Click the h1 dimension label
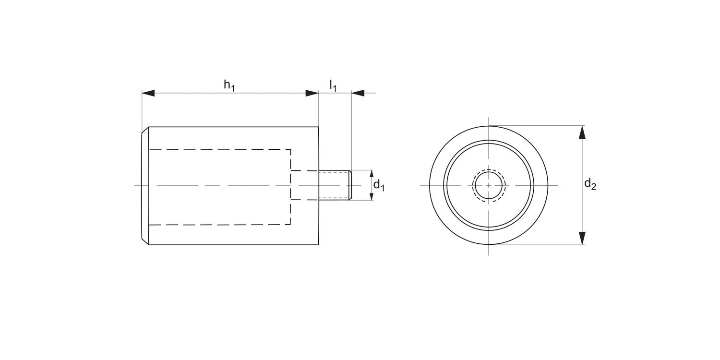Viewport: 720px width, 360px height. [x=229, y=85]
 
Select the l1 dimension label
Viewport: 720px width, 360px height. [x=333, y=85]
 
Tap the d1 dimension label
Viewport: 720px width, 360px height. [x=379, y=185]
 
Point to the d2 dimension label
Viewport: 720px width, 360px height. [x=590, y=184]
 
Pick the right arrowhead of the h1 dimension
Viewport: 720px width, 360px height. [x=312, y=93]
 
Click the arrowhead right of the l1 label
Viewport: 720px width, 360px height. [x=358, y=93]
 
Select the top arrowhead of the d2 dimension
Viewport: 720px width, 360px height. [x=582, y=132]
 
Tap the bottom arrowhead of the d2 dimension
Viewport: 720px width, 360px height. [x=582, y=238]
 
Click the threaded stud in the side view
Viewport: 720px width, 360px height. [x=334, y=185]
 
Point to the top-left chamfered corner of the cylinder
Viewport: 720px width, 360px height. [x=145, y=130]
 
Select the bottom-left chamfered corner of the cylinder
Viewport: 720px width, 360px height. [x=145, y=241]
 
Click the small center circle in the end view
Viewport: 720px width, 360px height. [x=489, y=185]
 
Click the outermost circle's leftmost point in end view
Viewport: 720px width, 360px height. [x=430, y=185]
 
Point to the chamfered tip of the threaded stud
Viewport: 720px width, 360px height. [x=350, y=185]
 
